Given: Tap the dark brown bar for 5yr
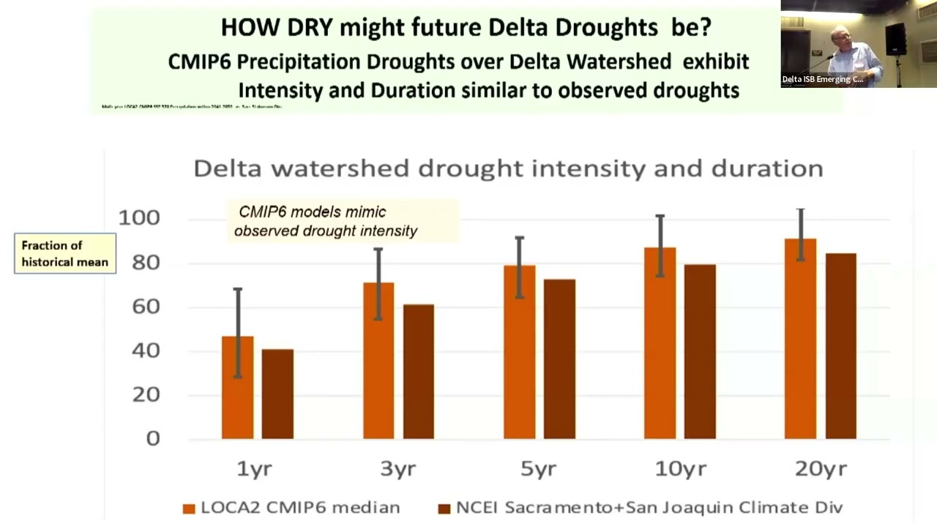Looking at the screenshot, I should (x=559, y=359).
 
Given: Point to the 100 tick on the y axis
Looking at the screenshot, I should (x=139, y=218).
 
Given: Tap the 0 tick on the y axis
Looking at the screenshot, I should (x=153, y=438).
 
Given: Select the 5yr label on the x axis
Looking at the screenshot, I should (x=538, y=468).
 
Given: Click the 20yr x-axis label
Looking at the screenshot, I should (x=821, y=468).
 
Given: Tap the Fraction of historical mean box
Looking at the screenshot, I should (x=65, y=253).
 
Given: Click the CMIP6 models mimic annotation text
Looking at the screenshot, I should (x=326, y=221).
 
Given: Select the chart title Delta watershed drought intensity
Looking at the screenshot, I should (x=508, y=168).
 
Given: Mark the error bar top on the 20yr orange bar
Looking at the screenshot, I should (x=801, y=210).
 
